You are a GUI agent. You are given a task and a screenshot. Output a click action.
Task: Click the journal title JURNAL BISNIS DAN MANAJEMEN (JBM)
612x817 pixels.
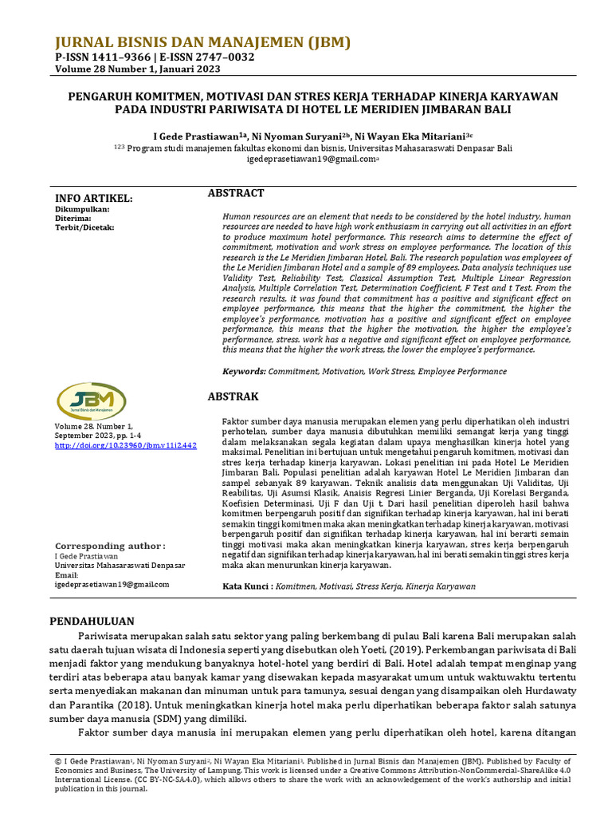pyautogui.click(x=202, y=43)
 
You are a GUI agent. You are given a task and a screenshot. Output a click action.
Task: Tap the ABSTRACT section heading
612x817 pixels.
pyautogui.click(x=235, y=193)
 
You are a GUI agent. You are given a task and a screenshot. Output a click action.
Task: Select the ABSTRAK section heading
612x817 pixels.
pyautogui.click(x=233, y=396)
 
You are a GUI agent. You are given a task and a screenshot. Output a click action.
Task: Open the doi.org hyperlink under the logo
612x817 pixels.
pyautogui.click(x=125, y=445)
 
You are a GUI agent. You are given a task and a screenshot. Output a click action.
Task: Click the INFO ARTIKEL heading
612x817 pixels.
pyautogui.click(x=93, y=199)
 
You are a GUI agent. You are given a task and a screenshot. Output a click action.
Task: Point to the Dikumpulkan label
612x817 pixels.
pyautogui.click(x=82, y=209)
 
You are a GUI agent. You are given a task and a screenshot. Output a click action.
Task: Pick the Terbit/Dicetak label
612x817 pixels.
pyautogui.click(x=85, y=227)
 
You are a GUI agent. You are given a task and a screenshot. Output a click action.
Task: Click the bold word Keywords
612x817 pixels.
pyautogui.click(x=243, y=371)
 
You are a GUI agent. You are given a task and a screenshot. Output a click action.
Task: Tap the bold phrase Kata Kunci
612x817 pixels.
pyautogui.click(x=246, y=586)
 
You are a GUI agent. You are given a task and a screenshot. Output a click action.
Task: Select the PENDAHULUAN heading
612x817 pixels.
pyautogui.click(x=92, y=621)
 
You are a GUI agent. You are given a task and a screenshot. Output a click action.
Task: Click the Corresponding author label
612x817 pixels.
pyautogui.click(x=109, y=546)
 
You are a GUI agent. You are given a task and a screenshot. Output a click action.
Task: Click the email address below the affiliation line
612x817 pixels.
pyautogui.click(x=311, y=159)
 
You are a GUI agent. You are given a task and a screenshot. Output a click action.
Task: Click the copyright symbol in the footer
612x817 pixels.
pyautogui.click(x=58, y=761)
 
